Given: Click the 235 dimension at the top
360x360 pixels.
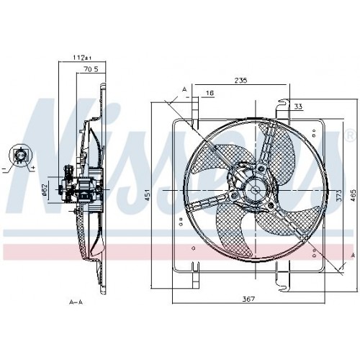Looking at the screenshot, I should [240, 81].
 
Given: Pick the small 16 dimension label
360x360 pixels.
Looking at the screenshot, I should [209, 94].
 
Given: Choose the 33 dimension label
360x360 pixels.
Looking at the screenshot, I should [298, 107].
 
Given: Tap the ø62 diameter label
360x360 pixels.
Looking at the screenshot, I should [45, 189].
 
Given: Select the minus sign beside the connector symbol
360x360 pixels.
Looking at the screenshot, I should [5, 168].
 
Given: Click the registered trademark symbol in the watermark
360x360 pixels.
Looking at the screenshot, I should [350, 135].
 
